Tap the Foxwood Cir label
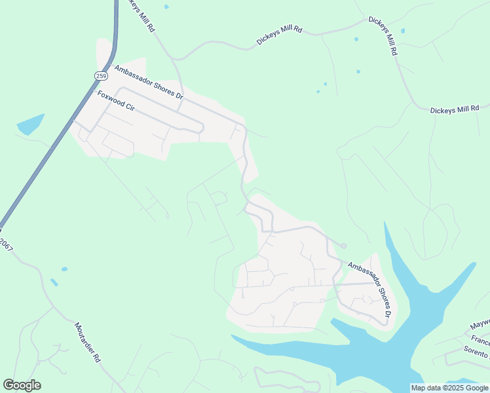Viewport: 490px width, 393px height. [x=116, y=102]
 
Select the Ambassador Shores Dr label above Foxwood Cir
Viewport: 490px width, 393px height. [x=149, y=82]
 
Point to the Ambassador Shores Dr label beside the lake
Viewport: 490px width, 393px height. [x=369, y=291]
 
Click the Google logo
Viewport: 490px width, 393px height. [x=22, y=385]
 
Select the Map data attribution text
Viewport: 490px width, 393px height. [x=450, y=388]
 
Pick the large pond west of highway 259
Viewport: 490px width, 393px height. [x=30, y=124]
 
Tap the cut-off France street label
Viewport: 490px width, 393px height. [x=480, y=341]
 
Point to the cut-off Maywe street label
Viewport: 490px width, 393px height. [x=480, y=324]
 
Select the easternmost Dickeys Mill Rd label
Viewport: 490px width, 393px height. [x=455, y=109]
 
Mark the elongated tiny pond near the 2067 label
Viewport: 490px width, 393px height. [x=54, y=282]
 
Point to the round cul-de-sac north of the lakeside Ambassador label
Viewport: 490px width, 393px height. [x=343, y=246]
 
